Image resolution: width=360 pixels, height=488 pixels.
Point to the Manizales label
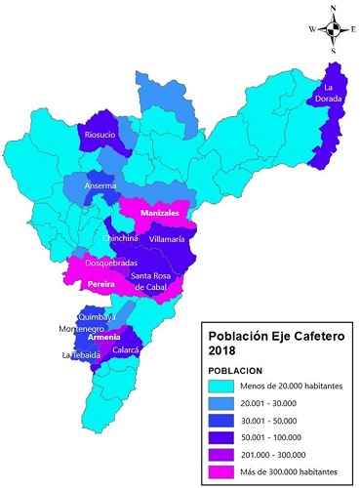click(x=150, y=213)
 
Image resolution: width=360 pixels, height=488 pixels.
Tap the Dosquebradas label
click(x=111, y=263)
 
